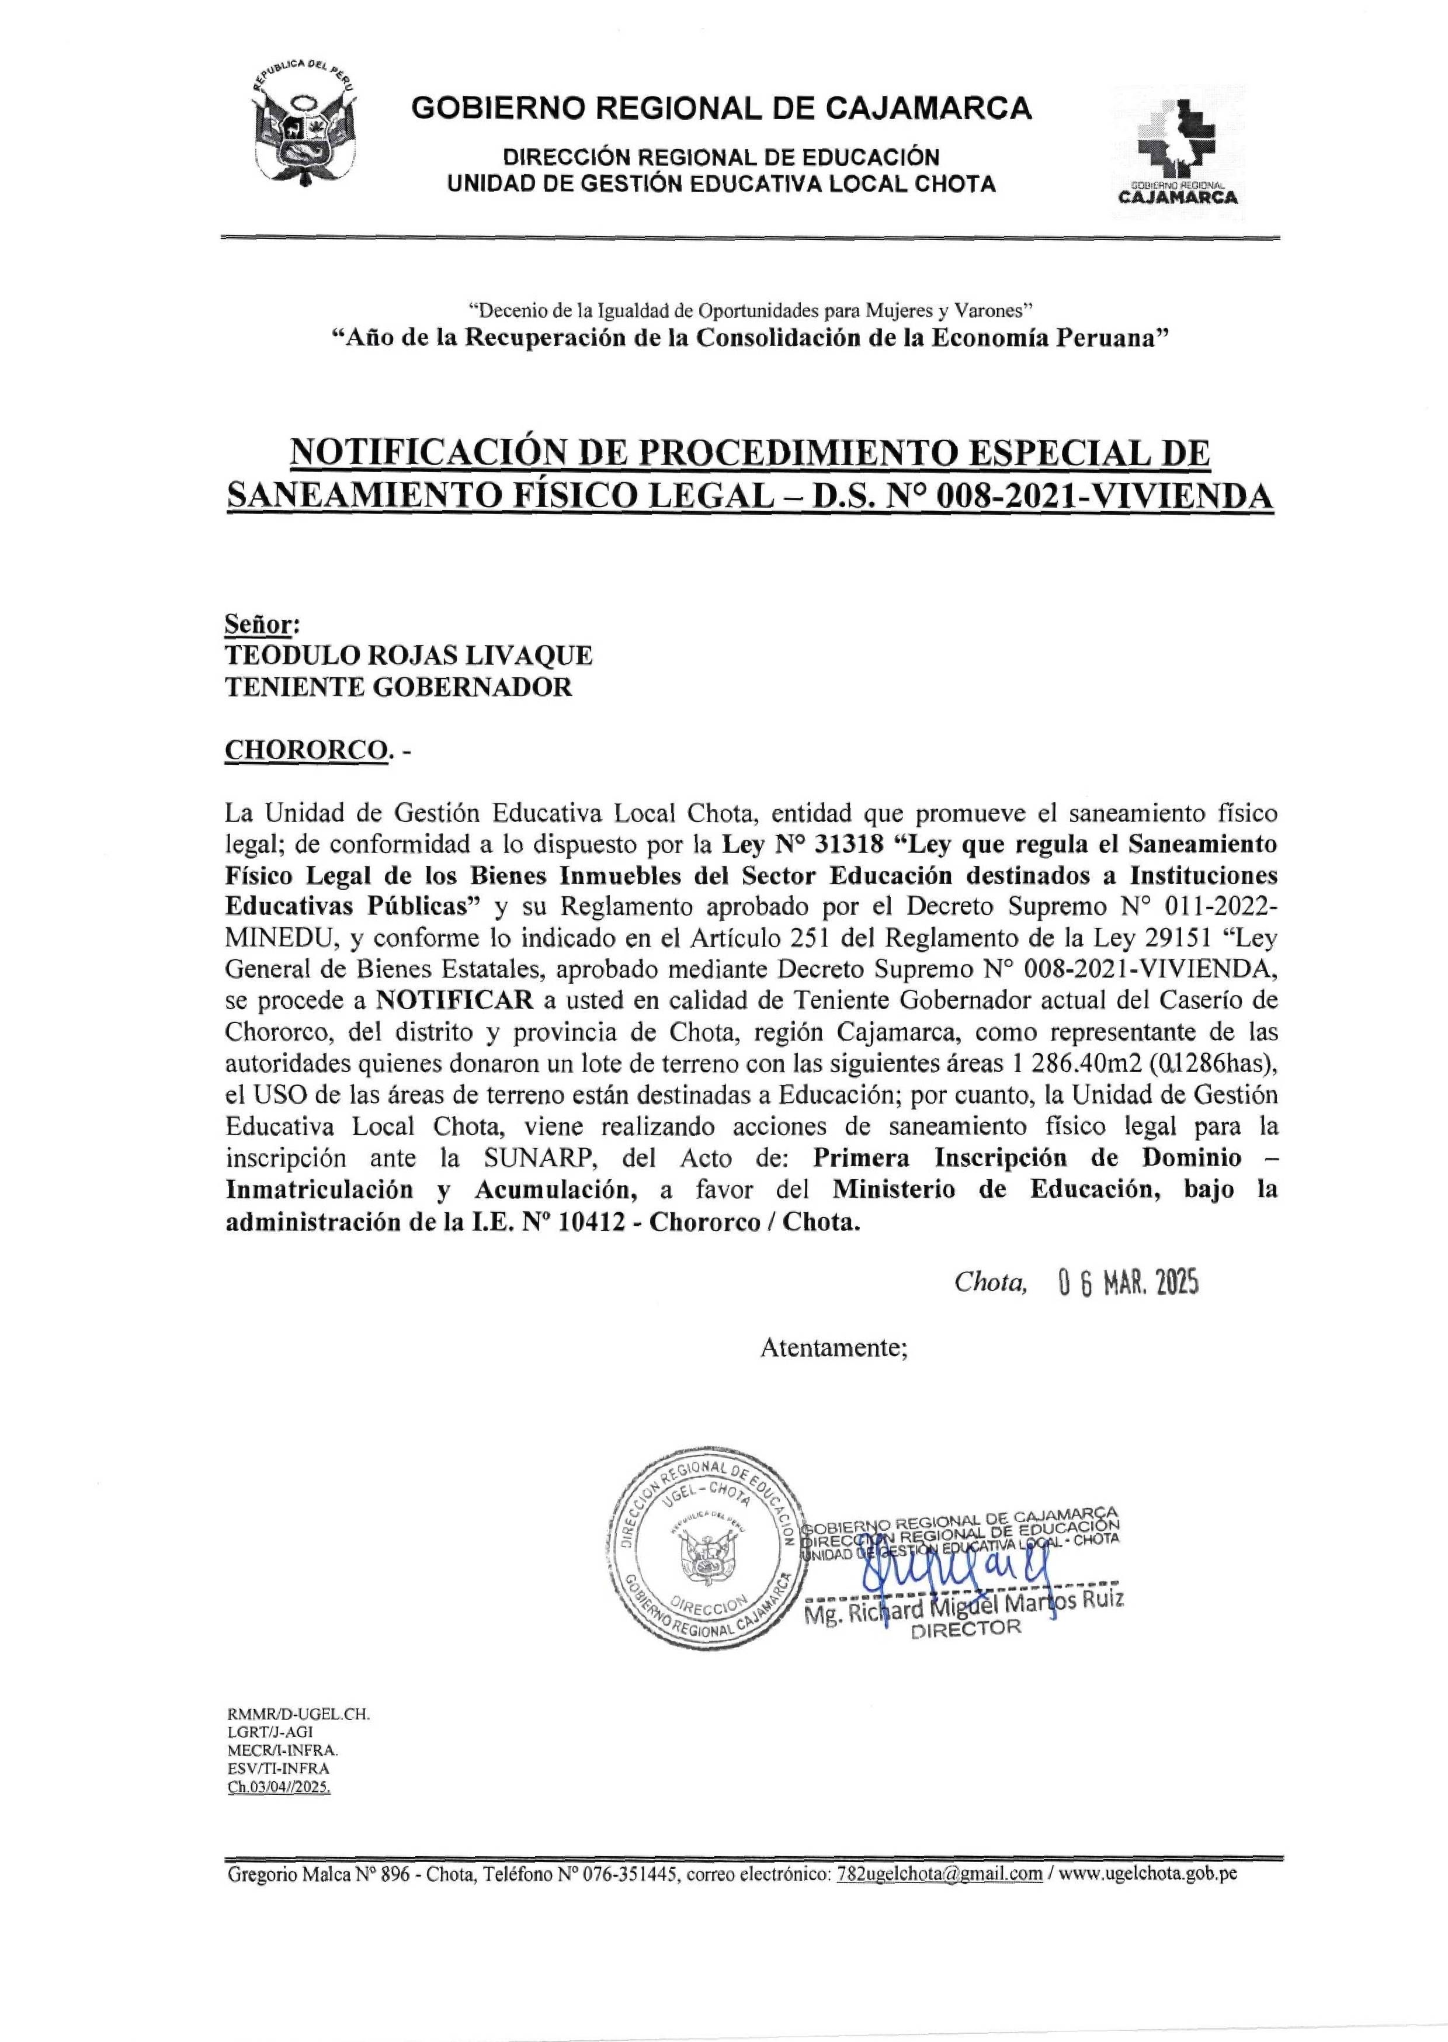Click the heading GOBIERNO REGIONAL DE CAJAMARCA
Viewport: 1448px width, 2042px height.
(x=721, y=109)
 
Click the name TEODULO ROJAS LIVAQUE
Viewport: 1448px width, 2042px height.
(x=408, y=656)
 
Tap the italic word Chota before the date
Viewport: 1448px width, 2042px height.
(x=989, y=1282)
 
